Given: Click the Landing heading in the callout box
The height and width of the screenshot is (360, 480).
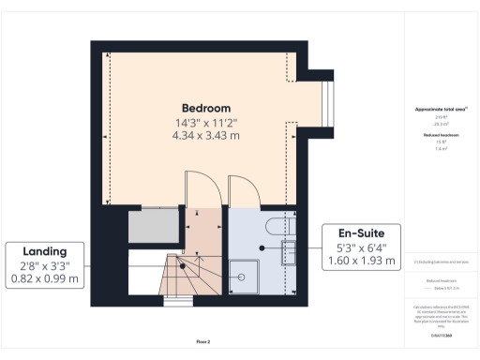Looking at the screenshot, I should pos(45,251).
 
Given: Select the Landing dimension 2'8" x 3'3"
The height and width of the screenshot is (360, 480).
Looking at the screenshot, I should pos(45,265).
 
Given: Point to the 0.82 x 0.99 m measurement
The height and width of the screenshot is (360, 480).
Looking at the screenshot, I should pos(45,278).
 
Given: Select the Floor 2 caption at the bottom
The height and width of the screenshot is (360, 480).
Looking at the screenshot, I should pos(202,340).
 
